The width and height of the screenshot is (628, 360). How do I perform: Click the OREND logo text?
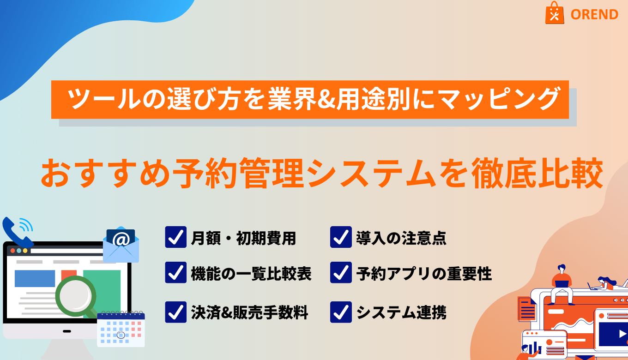(x=594, y=14)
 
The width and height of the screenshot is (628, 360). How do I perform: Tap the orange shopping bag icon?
(x=555, y=13)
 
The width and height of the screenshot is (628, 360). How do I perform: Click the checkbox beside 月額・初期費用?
(x=175, y=237)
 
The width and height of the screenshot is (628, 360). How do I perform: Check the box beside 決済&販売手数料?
(x=175, y=312)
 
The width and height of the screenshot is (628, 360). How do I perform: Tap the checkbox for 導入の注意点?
(x=341, y=237)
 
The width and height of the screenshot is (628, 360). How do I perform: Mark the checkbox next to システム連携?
(x=341, y=312)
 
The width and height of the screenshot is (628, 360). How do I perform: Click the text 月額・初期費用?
(x=243, y=238)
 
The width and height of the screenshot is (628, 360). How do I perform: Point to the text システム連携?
(x=401, y=312)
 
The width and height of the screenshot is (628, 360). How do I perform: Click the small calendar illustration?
(x=121, y=329)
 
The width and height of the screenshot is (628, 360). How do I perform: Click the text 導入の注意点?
(x=401, y=238)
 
